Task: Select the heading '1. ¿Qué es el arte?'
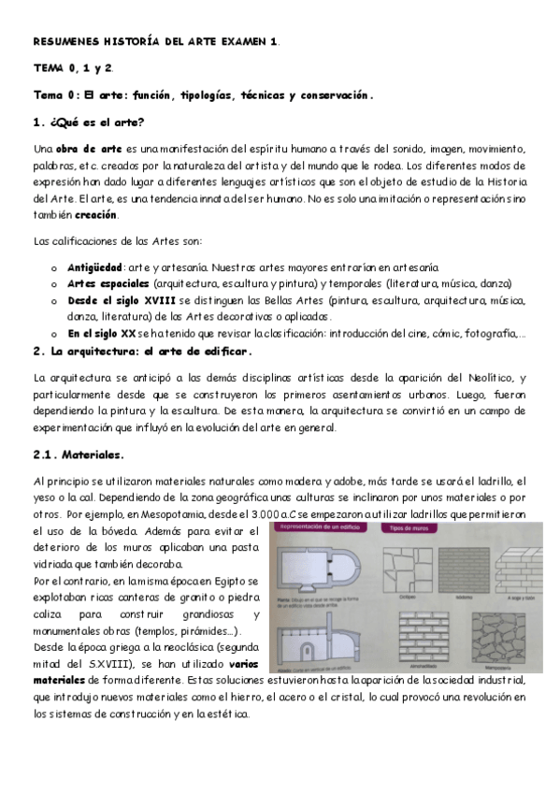pyautogui.click(x=88, y=123)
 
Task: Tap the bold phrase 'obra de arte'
pyautogui.click(x=89, y=149)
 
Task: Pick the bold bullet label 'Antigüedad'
pyautogui.click(x=95, y=267)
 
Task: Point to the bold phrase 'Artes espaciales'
pyautogui.click(x=108, y=283)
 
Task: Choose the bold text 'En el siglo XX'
pyautogui.click(x=102, y=334)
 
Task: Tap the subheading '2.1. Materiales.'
pyautogui.click(x=79, y=454)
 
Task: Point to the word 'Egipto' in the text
pyautogui.click(x=225, y=582)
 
